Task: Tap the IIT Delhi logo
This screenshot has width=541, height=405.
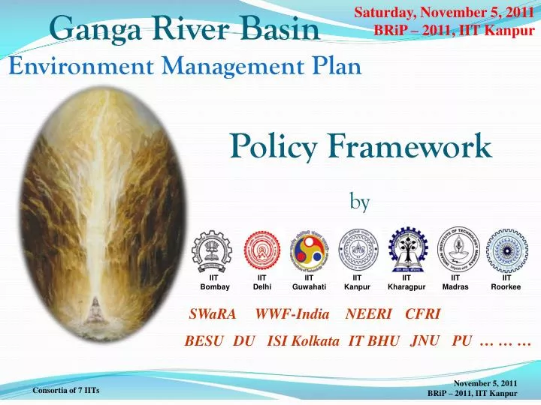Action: tap(262, 250)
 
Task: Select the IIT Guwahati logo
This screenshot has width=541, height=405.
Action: tap(310, 250)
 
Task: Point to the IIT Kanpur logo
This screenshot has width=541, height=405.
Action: tap(358, 250)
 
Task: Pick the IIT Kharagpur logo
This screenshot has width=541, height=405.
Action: tap(407, 250)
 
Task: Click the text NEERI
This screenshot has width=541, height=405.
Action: tap(367, 314)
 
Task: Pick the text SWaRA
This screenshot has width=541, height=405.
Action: tap(213, 314)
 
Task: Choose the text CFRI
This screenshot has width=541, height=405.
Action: tap(422, 314)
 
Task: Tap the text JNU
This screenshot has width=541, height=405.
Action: tap(425, 340)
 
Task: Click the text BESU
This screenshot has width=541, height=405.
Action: tap(204, 341)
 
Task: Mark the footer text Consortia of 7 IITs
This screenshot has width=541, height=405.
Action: tap(66, 391)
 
